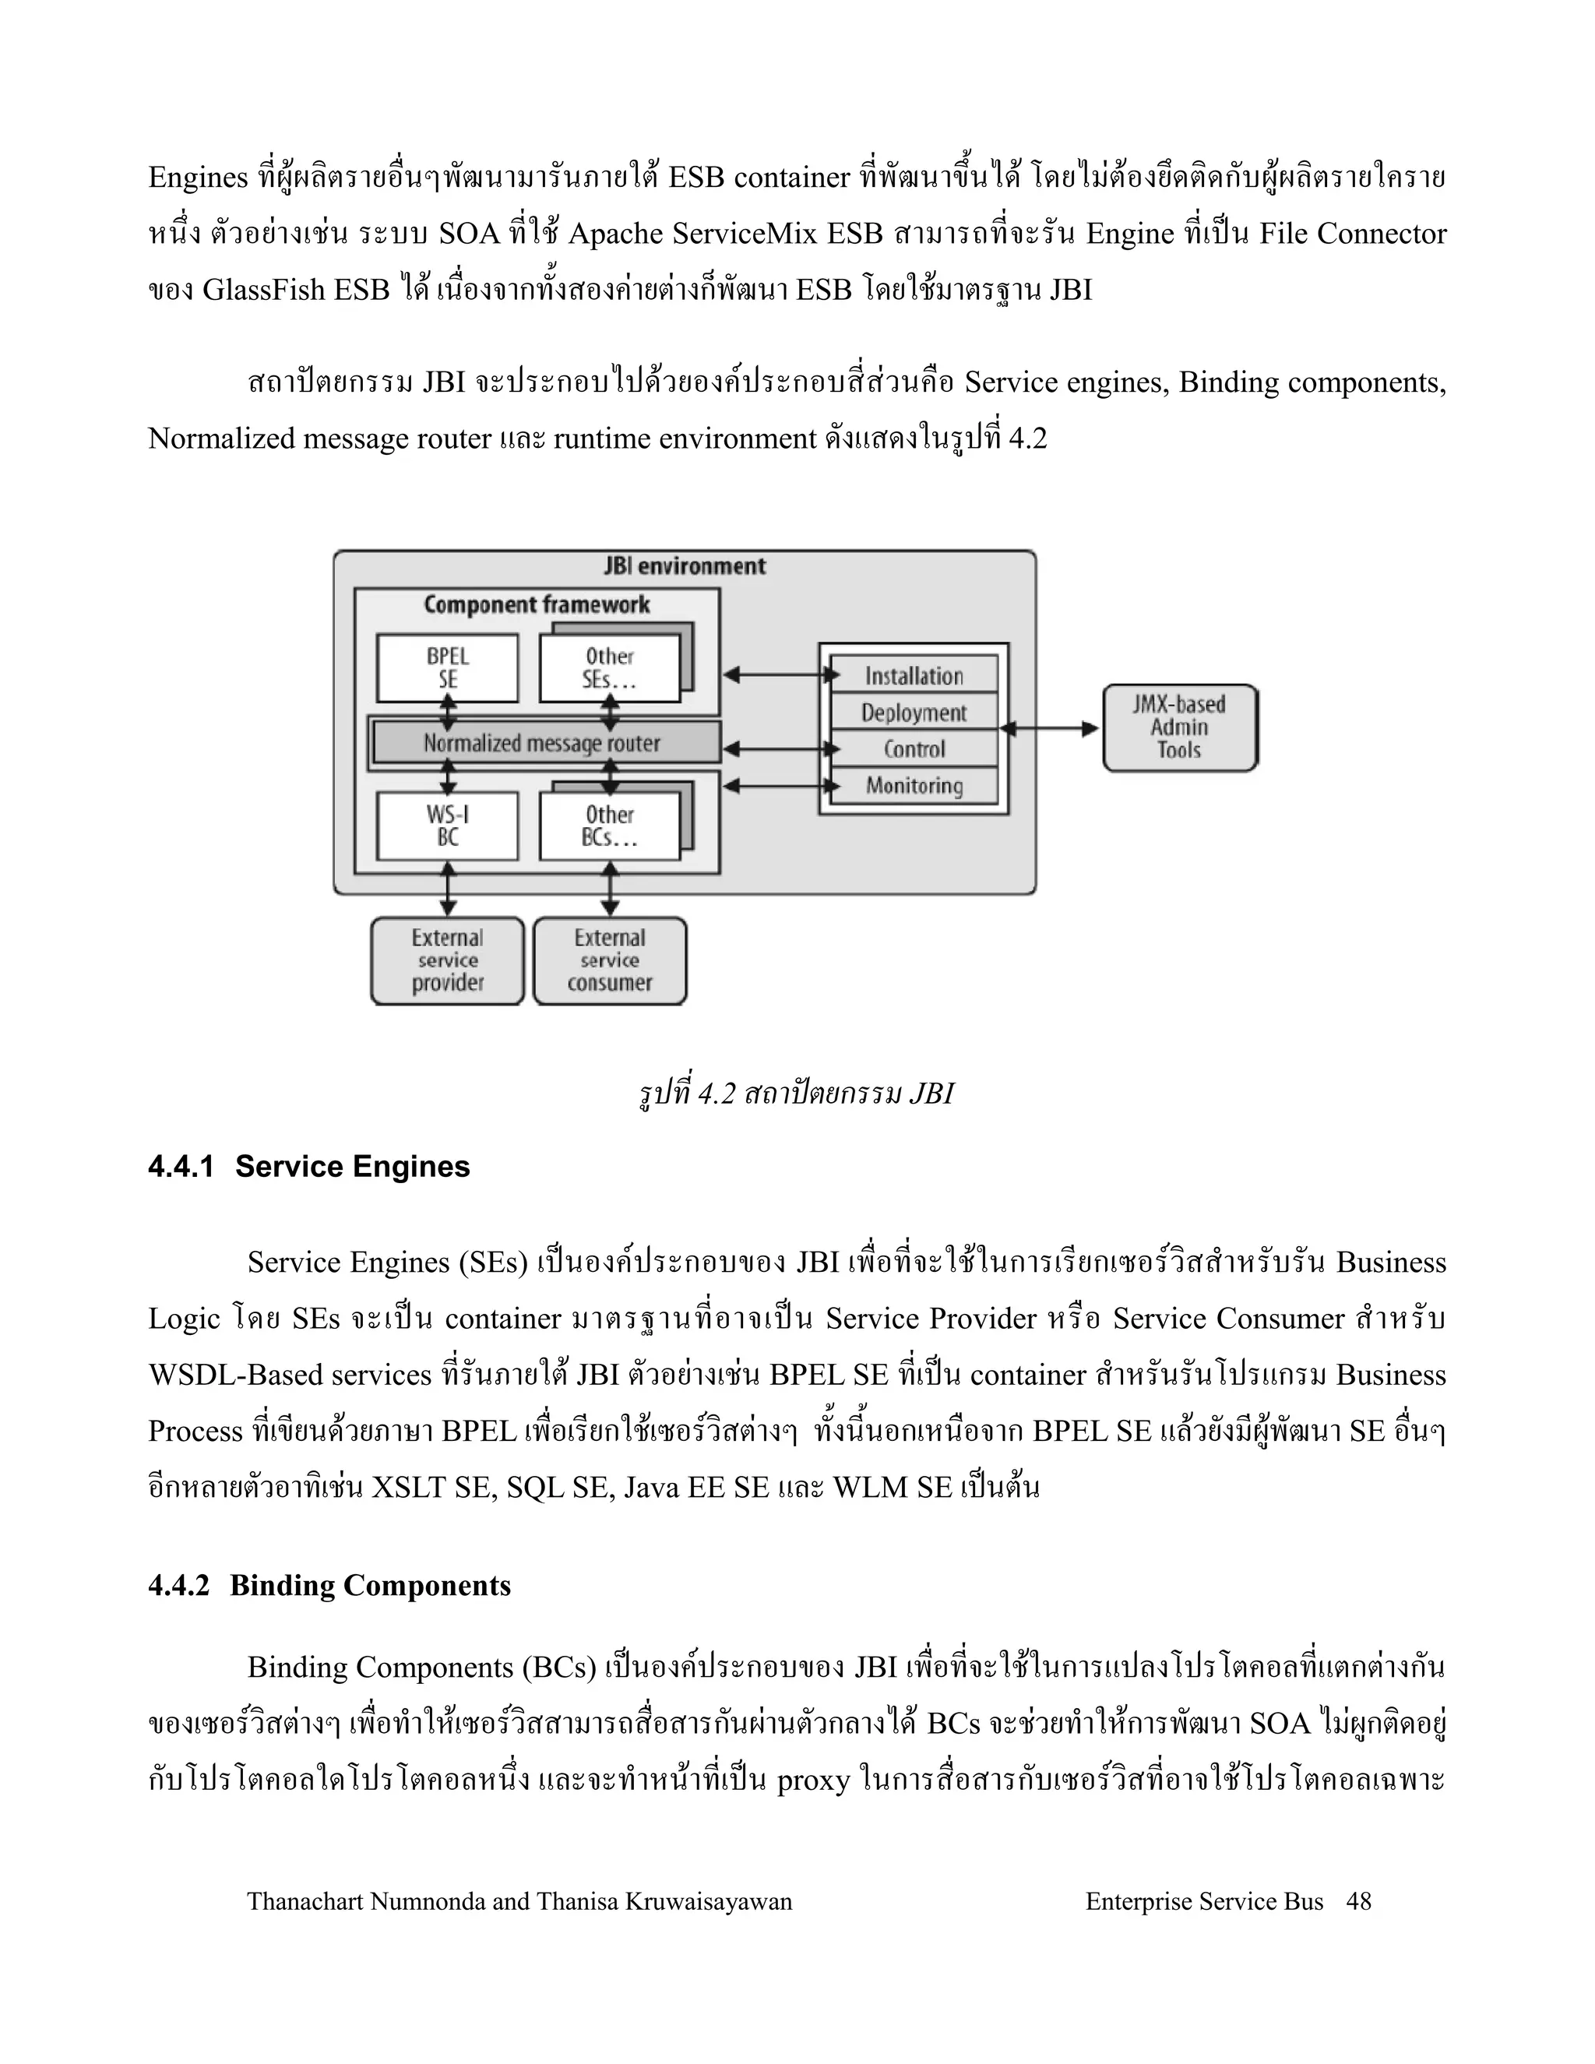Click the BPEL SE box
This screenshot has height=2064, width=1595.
click(x=447, y=668)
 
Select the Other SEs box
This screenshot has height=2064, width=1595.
click(x=610, y=668)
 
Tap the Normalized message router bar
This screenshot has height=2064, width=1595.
click(x=544, y=743)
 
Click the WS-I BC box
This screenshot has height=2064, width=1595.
click(x=447, y=826)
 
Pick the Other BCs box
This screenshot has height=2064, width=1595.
click(x=610, y=826)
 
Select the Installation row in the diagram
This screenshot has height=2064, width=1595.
click(x=914, y=676)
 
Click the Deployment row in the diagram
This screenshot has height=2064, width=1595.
click(x=914, y=713)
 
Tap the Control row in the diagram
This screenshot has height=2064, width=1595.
click(x=914, y=749)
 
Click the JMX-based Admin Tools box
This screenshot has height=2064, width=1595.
click(x=1179, y=727)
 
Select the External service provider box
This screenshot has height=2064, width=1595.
click(x=447, y=961)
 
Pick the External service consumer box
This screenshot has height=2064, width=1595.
click(x=610, y=961)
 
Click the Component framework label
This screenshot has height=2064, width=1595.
click(x=536, y=605)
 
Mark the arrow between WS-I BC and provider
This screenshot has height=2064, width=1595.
click(x=448, y=889)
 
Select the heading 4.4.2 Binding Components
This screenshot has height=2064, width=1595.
click(x=329, y=1585)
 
